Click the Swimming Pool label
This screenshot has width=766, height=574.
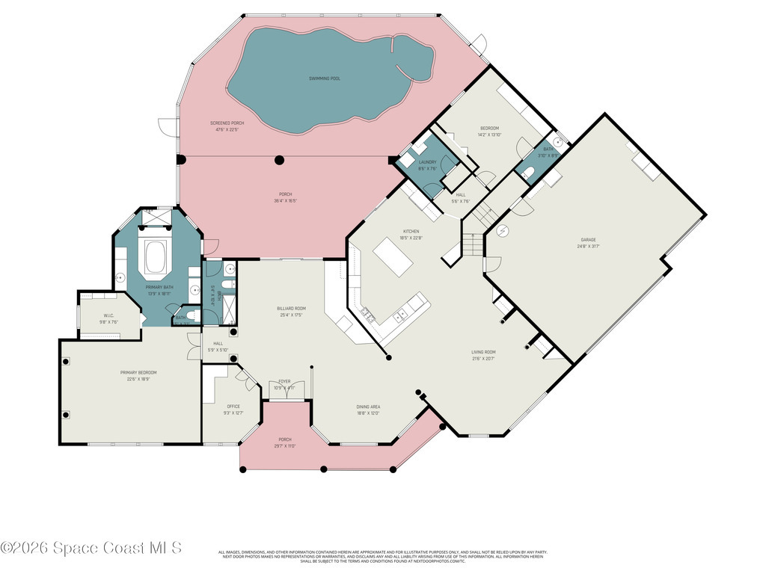click(325, 78)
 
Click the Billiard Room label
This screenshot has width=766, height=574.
click(290, 308)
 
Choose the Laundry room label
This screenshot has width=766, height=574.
click(427, 162)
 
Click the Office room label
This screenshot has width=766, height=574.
click(233, 407)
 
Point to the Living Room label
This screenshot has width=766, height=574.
click(483, 352)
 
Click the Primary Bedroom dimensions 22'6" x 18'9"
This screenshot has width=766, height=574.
click(138, 379)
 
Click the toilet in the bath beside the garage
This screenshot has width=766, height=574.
click(529, 174)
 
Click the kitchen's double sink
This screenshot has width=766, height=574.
click(367, 314)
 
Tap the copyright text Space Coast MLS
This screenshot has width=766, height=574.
click(91, 548)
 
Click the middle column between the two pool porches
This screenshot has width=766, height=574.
click(279, 158)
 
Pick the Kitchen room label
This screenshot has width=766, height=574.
click(411, 232)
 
